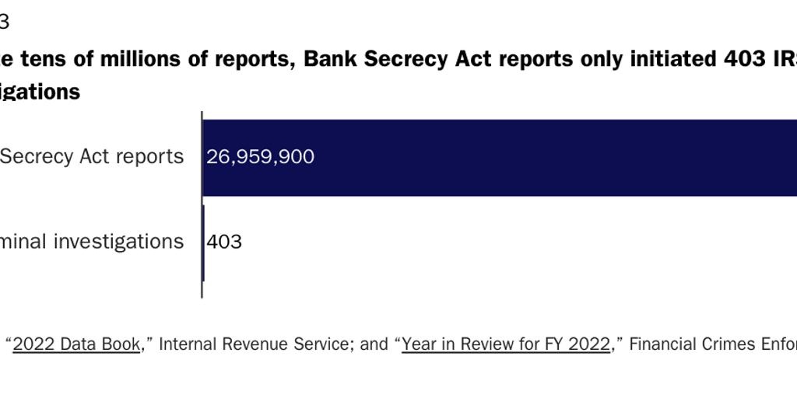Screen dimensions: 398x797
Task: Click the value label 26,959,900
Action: (x=260, y=157)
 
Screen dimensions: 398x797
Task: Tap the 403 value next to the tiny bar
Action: (x=224, y=242)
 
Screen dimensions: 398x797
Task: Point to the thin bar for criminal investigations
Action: (x=203, y=243)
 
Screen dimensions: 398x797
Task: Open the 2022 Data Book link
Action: (x=77, y=344)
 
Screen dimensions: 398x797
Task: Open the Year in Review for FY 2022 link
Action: (x=506, y=344)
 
